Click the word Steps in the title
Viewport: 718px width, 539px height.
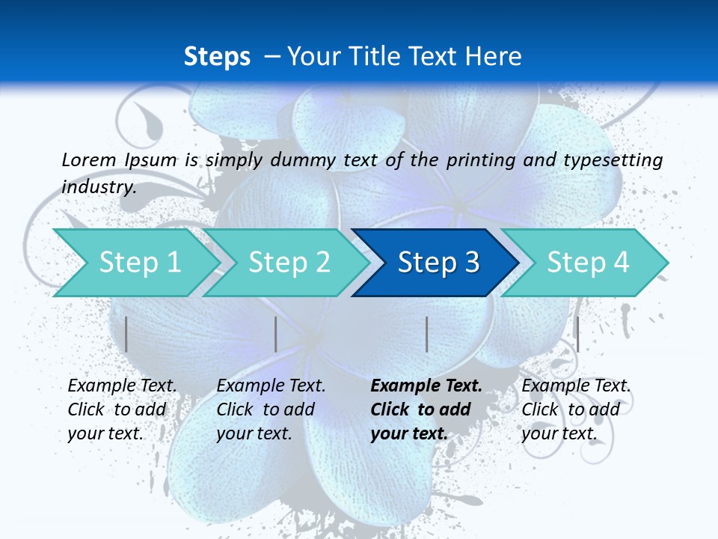click(x=217, y=56)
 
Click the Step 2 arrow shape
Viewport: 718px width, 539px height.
click(x=288, y=262)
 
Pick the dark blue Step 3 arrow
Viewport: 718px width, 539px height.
click(x=438, y=262)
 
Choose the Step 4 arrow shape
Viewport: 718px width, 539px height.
click(x=587, y=262)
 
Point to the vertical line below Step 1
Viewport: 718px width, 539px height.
click(x=126, y=334)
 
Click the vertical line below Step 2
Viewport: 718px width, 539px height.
click(x=276, y=334)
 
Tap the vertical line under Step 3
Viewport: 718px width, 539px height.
click(x=426, y=334)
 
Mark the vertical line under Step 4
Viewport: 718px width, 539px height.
click(x=577, y=334)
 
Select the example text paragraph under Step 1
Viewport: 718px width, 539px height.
click(x=122, y=409)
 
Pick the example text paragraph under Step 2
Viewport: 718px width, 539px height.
click(x=271, y=409)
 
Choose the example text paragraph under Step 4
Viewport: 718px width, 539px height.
click(x=576, y=409)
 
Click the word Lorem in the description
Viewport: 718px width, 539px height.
click(x=89, y=159)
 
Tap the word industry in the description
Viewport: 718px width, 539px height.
click(x=98, y=186)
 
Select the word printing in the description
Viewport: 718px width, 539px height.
click(x=479, y=159)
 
